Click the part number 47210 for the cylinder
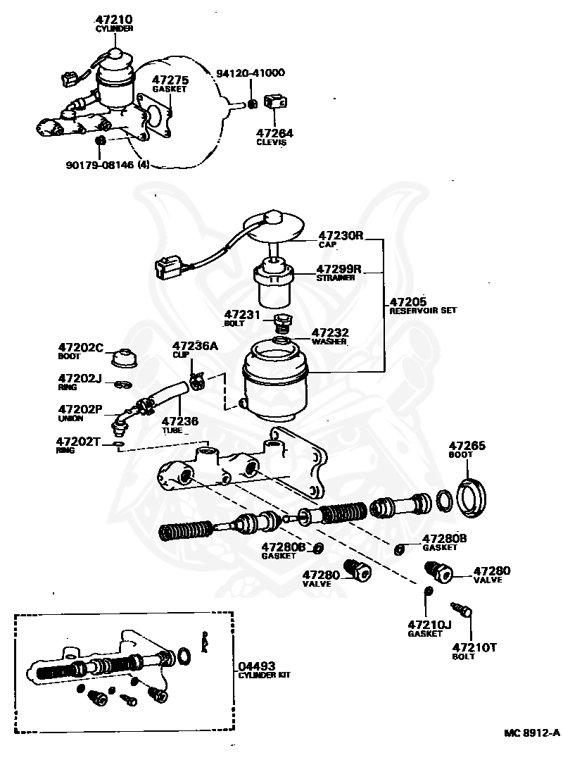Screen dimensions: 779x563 [x=113, y=20]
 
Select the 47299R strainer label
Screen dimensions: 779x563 [x=339, y=269]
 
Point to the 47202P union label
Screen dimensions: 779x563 [x=80, y=409]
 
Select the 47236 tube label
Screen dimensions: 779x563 [x=179, y=420]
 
